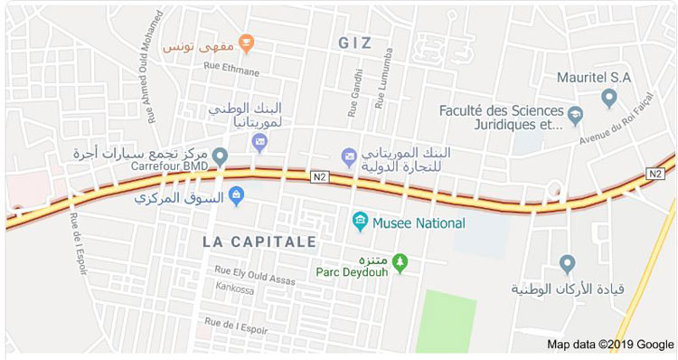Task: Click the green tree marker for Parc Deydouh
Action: tap(401, 263)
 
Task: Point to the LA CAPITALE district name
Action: tap(259, 242)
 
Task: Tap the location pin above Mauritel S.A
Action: tap(609, 96)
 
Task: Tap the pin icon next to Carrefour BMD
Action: tap(218, 164)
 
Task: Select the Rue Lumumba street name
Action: tap(374, 91)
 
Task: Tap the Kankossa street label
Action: tap(236, 288)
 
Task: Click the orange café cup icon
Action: tap(247, 42)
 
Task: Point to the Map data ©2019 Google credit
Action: tap(610, 345)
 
